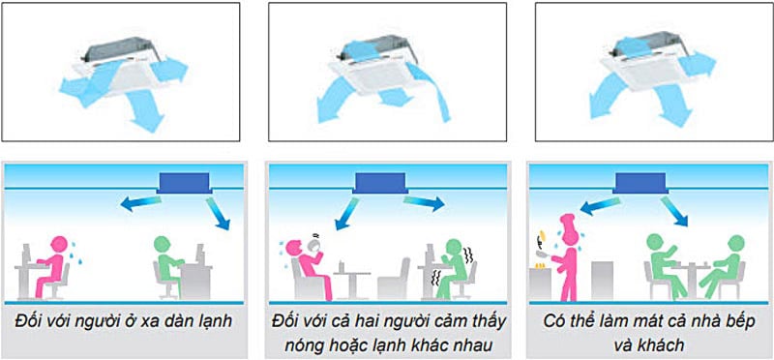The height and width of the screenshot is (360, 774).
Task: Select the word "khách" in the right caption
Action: click(x=648, y=345)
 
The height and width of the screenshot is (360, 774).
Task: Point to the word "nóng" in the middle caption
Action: click(x=303, y=345)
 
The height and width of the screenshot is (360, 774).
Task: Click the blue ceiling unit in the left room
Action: click(x=184, y=182)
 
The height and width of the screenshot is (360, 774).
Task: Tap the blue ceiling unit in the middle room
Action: click(x=379, y=182)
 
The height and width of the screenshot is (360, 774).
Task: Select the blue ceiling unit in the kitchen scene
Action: click(x=639, y=182)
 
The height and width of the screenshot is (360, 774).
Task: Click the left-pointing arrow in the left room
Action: click(x=140, y=203)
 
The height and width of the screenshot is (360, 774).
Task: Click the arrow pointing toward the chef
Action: click(x=599, y=206)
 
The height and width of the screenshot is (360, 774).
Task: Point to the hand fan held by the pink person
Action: click(x=314, y=242)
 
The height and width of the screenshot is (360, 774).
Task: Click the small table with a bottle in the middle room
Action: click(x=351, y=281)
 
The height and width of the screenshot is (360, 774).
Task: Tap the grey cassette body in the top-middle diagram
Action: click(x=379, y=45)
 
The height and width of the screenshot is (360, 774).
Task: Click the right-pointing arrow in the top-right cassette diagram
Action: click(x=697, y=63)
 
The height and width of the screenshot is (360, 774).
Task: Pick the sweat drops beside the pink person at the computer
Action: click(x=75, y=253)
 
